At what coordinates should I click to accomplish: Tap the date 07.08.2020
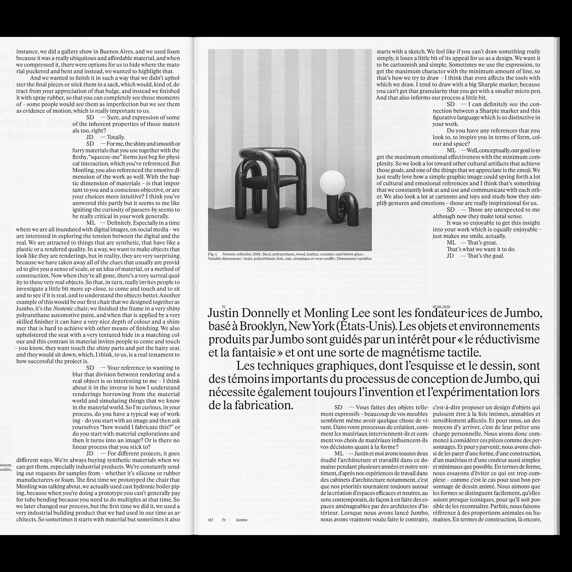click(x=441, y=307)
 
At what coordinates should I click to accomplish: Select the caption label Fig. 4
click(x=212, y=254)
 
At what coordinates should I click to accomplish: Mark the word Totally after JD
click(x=116, y=137)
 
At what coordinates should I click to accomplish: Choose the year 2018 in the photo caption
click(x=256, y=254)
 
